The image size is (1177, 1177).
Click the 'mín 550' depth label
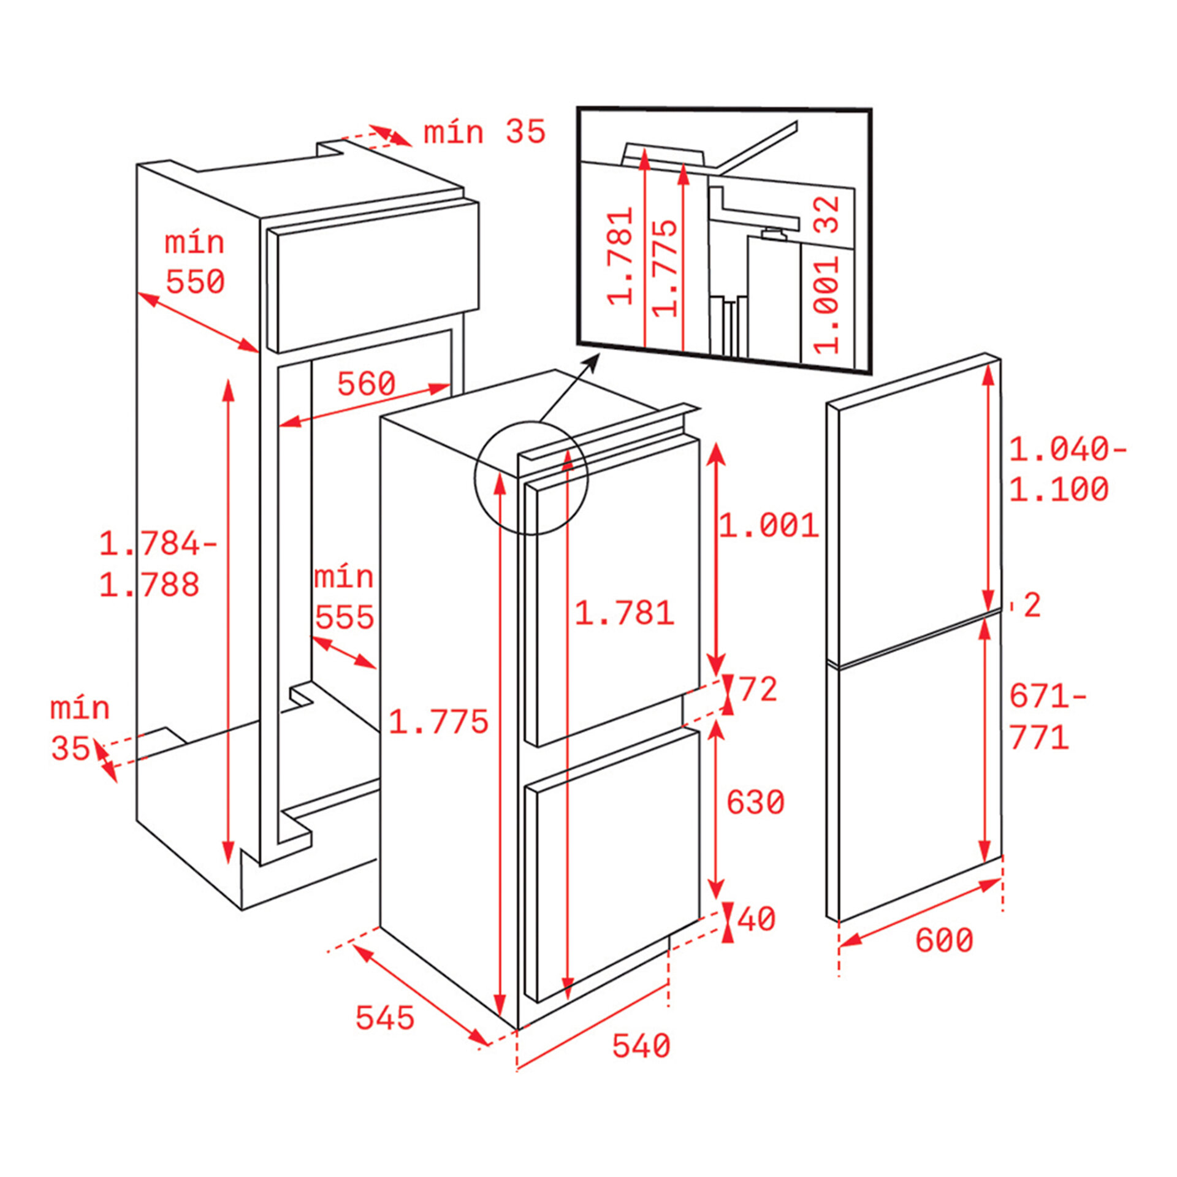click(x=195, y=263)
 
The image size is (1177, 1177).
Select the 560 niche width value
click(x=367, y=384)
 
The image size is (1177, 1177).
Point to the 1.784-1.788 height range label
click(x=158, y=564)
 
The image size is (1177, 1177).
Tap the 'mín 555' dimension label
click(x=344, y=598)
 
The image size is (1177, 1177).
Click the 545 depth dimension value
click(x=385, y=1018)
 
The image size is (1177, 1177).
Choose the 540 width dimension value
click(x=641, y=1046)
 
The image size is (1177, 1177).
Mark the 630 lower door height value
click(x=755, y=802)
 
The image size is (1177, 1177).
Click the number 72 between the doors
click(x=758, y=689)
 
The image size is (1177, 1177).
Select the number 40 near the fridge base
click(x=756, y=919)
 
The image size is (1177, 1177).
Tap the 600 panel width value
click(x=944, y=940)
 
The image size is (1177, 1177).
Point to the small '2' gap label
click(x=1032, y=605)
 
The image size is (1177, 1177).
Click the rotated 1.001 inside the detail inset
click(x=826, y=305)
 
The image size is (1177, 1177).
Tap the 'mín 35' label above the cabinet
click(x=484, y=132)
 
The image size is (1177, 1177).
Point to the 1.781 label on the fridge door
click(x=624, y=612)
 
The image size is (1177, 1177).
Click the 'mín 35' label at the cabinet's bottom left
click(x=80, y=728)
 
